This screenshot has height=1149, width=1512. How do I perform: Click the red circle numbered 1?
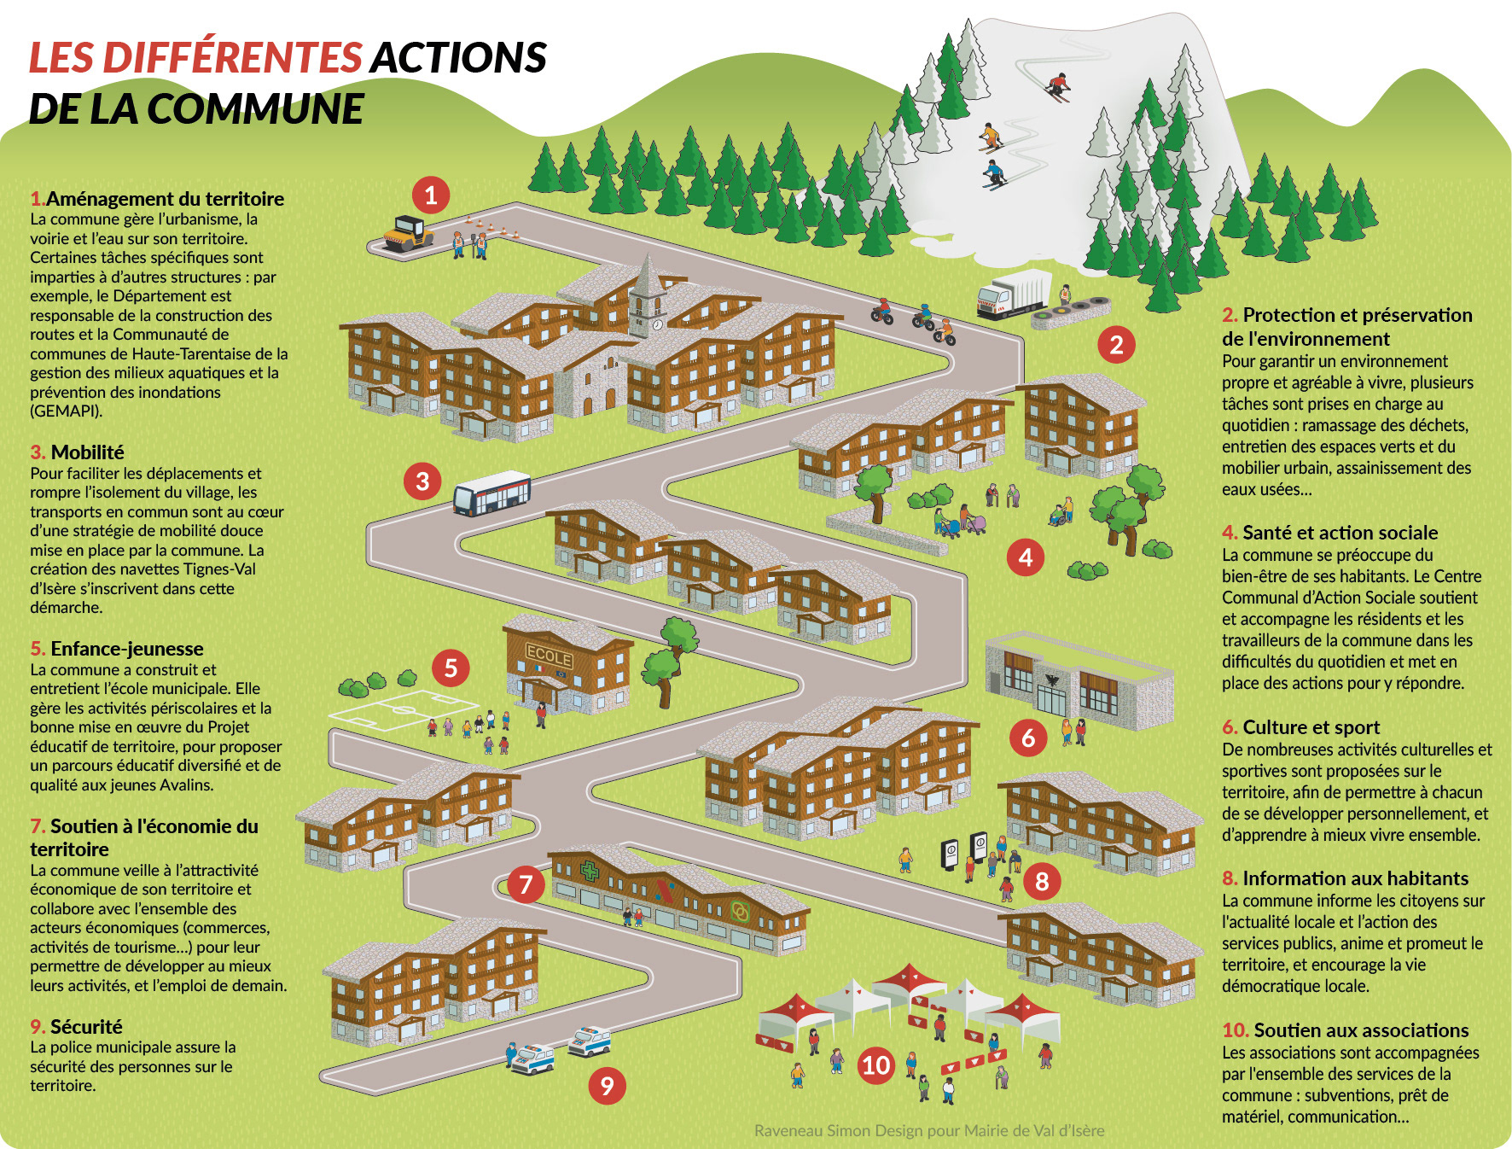point(431,195)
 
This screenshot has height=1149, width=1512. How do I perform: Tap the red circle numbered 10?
point(876,1065)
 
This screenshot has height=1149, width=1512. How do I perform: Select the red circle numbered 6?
point(1028,738)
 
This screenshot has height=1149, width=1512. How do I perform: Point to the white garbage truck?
point(1014,295)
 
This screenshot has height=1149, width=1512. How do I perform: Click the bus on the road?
point(491,493)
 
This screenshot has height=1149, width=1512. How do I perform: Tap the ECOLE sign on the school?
point(548,656)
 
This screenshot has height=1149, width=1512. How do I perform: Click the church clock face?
point(657,324)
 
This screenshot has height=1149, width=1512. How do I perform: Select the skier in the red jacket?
point(1057,85)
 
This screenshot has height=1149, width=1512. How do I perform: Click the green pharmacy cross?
point(590,872)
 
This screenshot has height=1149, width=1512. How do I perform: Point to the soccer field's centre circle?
point(403,709)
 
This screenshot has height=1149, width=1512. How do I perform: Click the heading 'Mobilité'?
point(87,452)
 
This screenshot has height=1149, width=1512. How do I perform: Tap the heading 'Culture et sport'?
point(1311,727)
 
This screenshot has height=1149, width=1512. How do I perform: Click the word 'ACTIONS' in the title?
point(458,58)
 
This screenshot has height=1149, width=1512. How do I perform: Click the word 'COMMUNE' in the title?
point(255,109)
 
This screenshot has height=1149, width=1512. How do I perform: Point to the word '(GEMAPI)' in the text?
point(66,411)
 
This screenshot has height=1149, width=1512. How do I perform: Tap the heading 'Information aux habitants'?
point(1355,878)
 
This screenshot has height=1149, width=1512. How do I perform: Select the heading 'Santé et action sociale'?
point(1340,533)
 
